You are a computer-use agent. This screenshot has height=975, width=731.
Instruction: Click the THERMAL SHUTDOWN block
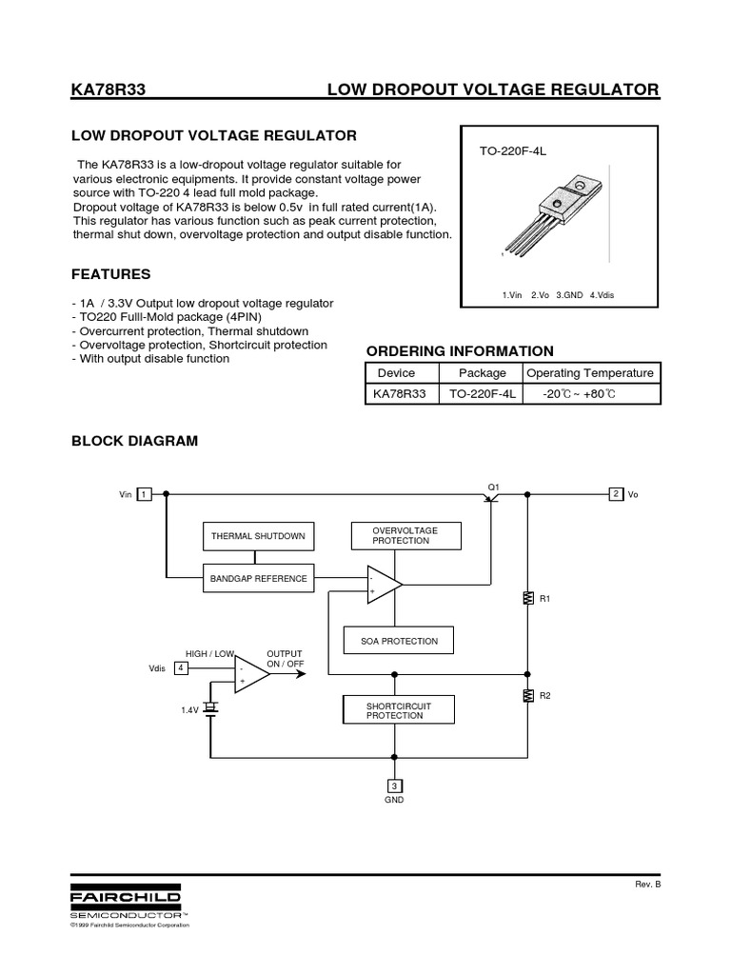coord(258,536)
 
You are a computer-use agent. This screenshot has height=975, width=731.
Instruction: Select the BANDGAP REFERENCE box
coord(258,578)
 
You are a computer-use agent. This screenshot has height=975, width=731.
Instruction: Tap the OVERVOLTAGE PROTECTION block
coord(405,535)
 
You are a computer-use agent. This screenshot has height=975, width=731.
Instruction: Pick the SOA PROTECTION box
coord(398,641)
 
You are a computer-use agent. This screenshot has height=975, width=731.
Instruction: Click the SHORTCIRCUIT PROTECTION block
coord(398,710)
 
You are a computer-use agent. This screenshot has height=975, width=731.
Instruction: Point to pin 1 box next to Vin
coord(144,494)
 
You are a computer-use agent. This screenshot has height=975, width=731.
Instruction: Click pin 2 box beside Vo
coord(617,493)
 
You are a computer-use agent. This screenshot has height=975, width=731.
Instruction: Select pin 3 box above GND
coord(394,786)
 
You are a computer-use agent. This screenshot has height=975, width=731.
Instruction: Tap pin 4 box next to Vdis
coord(181,668)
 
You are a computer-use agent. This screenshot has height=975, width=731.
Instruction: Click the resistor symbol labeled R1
coord(527,599)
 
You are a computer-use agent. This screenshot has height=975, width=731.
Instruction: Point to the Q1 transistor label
coord(493,487)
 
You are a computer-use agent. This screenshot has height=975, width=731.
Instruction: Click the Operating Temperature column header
coord(590,372)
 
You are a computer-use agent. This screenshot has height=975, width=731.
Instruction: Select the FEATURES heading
coord(111,274)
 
